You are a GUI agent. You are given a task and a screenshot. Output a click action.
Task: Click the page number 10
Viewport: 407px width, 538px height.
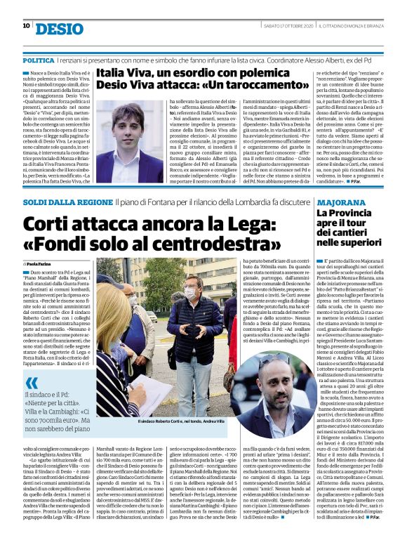tap(26, 26)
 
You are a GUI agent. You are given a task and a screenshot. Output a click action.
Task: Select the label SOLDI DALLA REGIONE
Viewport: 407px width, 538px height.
tap(67, 182)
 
